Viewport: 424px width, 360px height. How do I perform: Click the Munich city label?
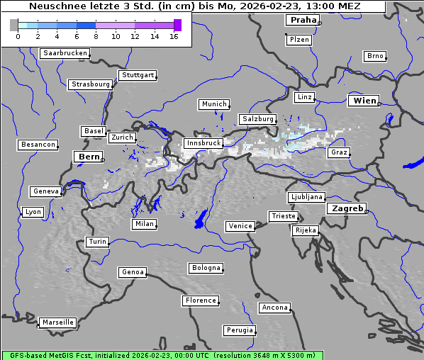tap(213, 104)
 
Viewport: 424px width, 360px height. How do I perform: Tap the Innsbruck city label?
tap(203, 143)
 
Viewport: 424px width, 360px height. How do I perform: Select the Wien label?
tap(364, 101)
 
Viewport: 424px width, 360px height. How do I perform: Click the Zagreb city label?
tap(346, 208)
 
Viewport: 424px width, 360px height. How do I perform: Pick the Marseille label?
tap(57, 322)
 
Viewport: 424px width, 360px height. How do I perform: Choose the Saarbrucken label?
tap(65, 53)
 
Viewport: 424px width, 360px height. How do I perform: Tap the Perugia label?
tap(239, 330)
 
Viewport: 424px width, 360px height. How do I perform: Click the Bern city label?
tap(89, 156)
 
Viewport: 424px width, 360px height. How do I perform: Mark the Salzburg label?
tap(257, 119)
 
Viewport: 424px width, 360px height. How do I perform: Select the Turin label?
tap(97, 242)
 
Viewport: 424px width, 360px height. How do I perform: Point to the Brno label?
tap(374, 56)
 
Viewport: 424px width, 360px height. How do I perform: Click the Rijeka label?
tap(305, 230)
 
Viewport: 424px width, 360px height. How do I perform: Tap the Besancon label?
tap(38, 145)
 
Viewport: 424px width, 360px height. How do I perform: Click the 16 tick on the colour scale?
tap(174, 36)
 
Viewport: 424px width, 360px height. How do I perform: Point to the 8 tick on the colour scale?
tap(96, 36)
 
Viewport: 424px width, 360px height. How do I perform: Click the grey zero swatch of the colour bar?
tap(14, 25)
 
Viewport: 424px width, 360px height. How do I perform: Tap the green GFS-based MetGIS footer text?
tap(162, 355)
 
